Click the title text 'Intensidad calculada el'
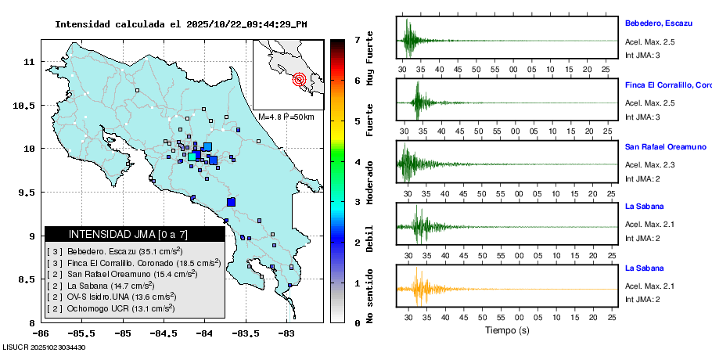coord(113,24)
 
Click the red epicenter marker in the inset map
coord(299,79)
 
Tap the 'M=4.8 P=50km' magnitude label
coord(286,117)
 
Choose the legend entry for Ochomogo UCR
coord(110,309)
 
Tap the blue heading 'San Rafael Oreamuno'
coord(666,146)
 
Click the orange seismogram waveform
coord(418,288)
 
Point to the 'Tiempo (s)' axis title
coord(507,330)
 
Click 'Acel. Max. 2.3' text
coord(649,165)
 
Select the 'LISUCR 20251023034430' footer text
coord(44,347)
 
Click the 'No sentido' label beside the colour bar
coord(369,298)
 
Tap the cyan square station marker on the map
coord(192,157)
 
